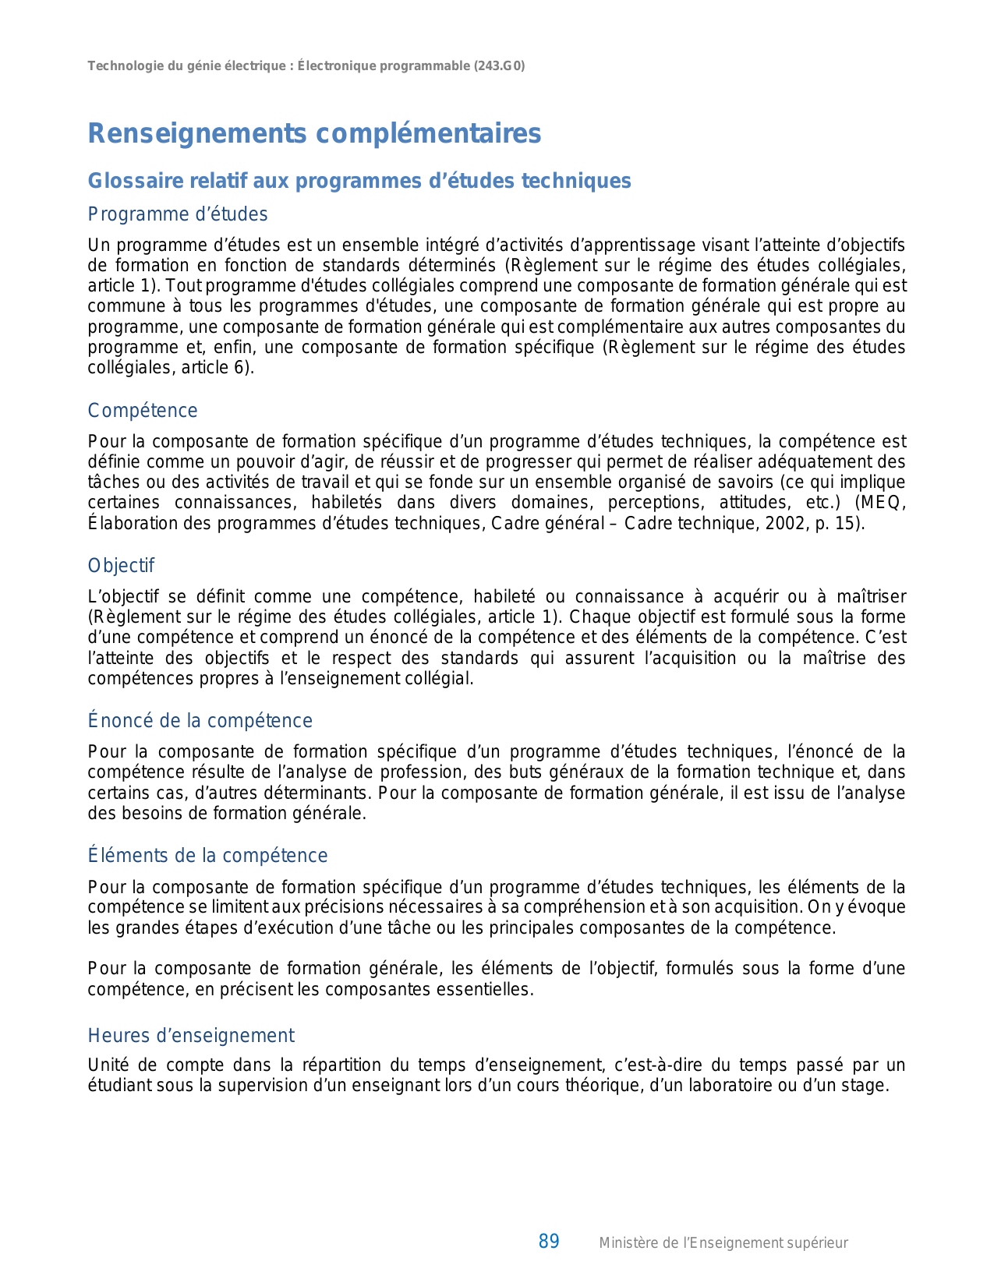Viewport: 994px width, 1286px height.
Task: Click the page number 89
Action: (549, 1242)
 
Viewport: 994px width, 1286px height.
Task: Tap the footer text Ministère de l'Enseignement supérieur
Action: (723, 1243)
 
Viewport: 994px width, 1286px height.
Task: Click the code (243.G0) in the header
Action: (499, 66)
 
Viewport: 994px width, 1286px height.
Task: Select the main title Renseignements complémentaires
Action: (314, 133)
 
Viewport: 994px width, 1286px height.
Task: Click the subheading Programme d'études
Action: (178, 214)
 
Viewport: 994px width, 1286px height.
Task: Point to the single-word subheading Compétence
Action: (143, 411)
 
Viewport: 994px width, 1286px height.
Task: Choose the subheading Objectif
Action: (121, 566)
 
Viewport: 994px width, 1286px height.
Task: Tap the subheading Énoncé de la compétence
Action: (200, 721)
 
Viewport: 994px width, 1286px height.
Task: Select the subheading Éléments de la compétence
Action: (207, 856)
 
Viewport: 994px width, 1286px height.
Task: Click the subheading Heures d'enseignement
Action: (191, 1036)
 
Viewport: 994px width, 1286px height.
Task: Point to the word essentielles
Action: (480, 990)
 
